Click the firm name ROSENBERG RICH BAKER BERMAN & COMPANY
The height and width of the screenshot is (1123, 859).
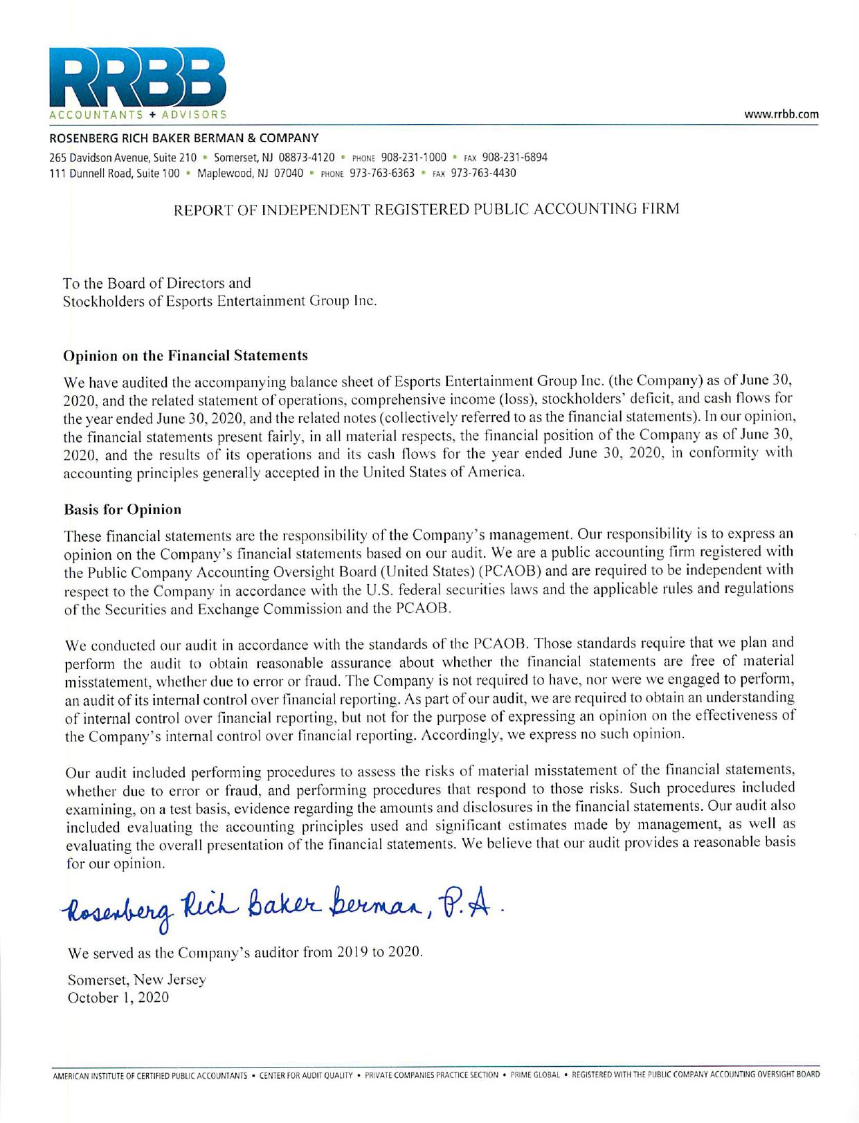click(183, 138)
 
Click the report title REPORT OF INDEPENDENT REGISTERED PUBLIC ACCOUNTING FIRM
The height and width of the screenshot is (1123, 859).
click(426, 208)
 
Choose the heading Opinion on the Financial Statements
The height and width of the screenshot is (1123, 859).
click(186, 356)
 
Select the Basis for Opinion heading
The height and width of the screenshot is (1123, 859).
click(123, 509)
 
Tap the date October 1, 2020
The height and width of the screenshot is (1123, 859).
click(118, 998)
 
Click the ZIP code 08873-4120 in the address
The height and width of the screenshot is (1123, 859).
click(306, 157)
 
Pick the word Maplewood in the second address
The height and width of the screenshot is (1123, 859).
click(224, 173)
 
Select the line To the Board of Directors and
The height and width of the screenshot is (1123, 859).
click(157, 283)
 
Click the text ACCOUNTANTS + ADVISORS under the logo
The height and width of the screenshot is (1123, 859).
click(137, 113)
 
